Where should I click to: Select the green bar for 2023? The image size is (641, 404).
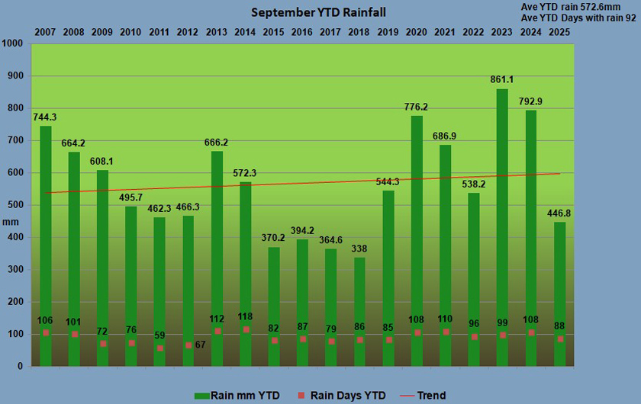[x=502, y=229]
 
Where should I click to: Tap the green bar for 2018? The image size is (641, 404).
[x=359, y=313]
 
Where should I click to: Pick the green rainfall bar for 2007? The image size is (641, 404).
[x=46, y=244]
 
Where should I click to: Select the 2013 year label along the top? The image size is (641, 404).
[x=217, y=32]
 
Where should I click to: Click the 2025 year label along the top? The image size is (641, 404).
[x=559, y=32]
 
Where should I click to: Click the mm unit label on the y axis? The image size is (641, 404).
[x=10, y=221]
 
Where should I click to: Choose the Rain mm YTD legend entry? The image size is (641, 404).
[x=237, y=396]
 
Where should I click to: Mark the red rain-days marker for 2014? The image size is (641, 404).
[x=246, y=329]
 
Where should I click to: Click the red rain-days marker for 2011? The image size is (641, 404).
[x=159, y=348]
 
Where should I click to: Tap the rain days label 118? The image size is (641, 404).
[x=246, y=316]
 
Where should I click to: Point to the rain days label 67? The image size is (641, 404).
[x=201, y=345]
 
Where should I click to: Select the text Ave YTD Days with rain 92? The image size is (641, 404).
[x=578, y=18]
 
